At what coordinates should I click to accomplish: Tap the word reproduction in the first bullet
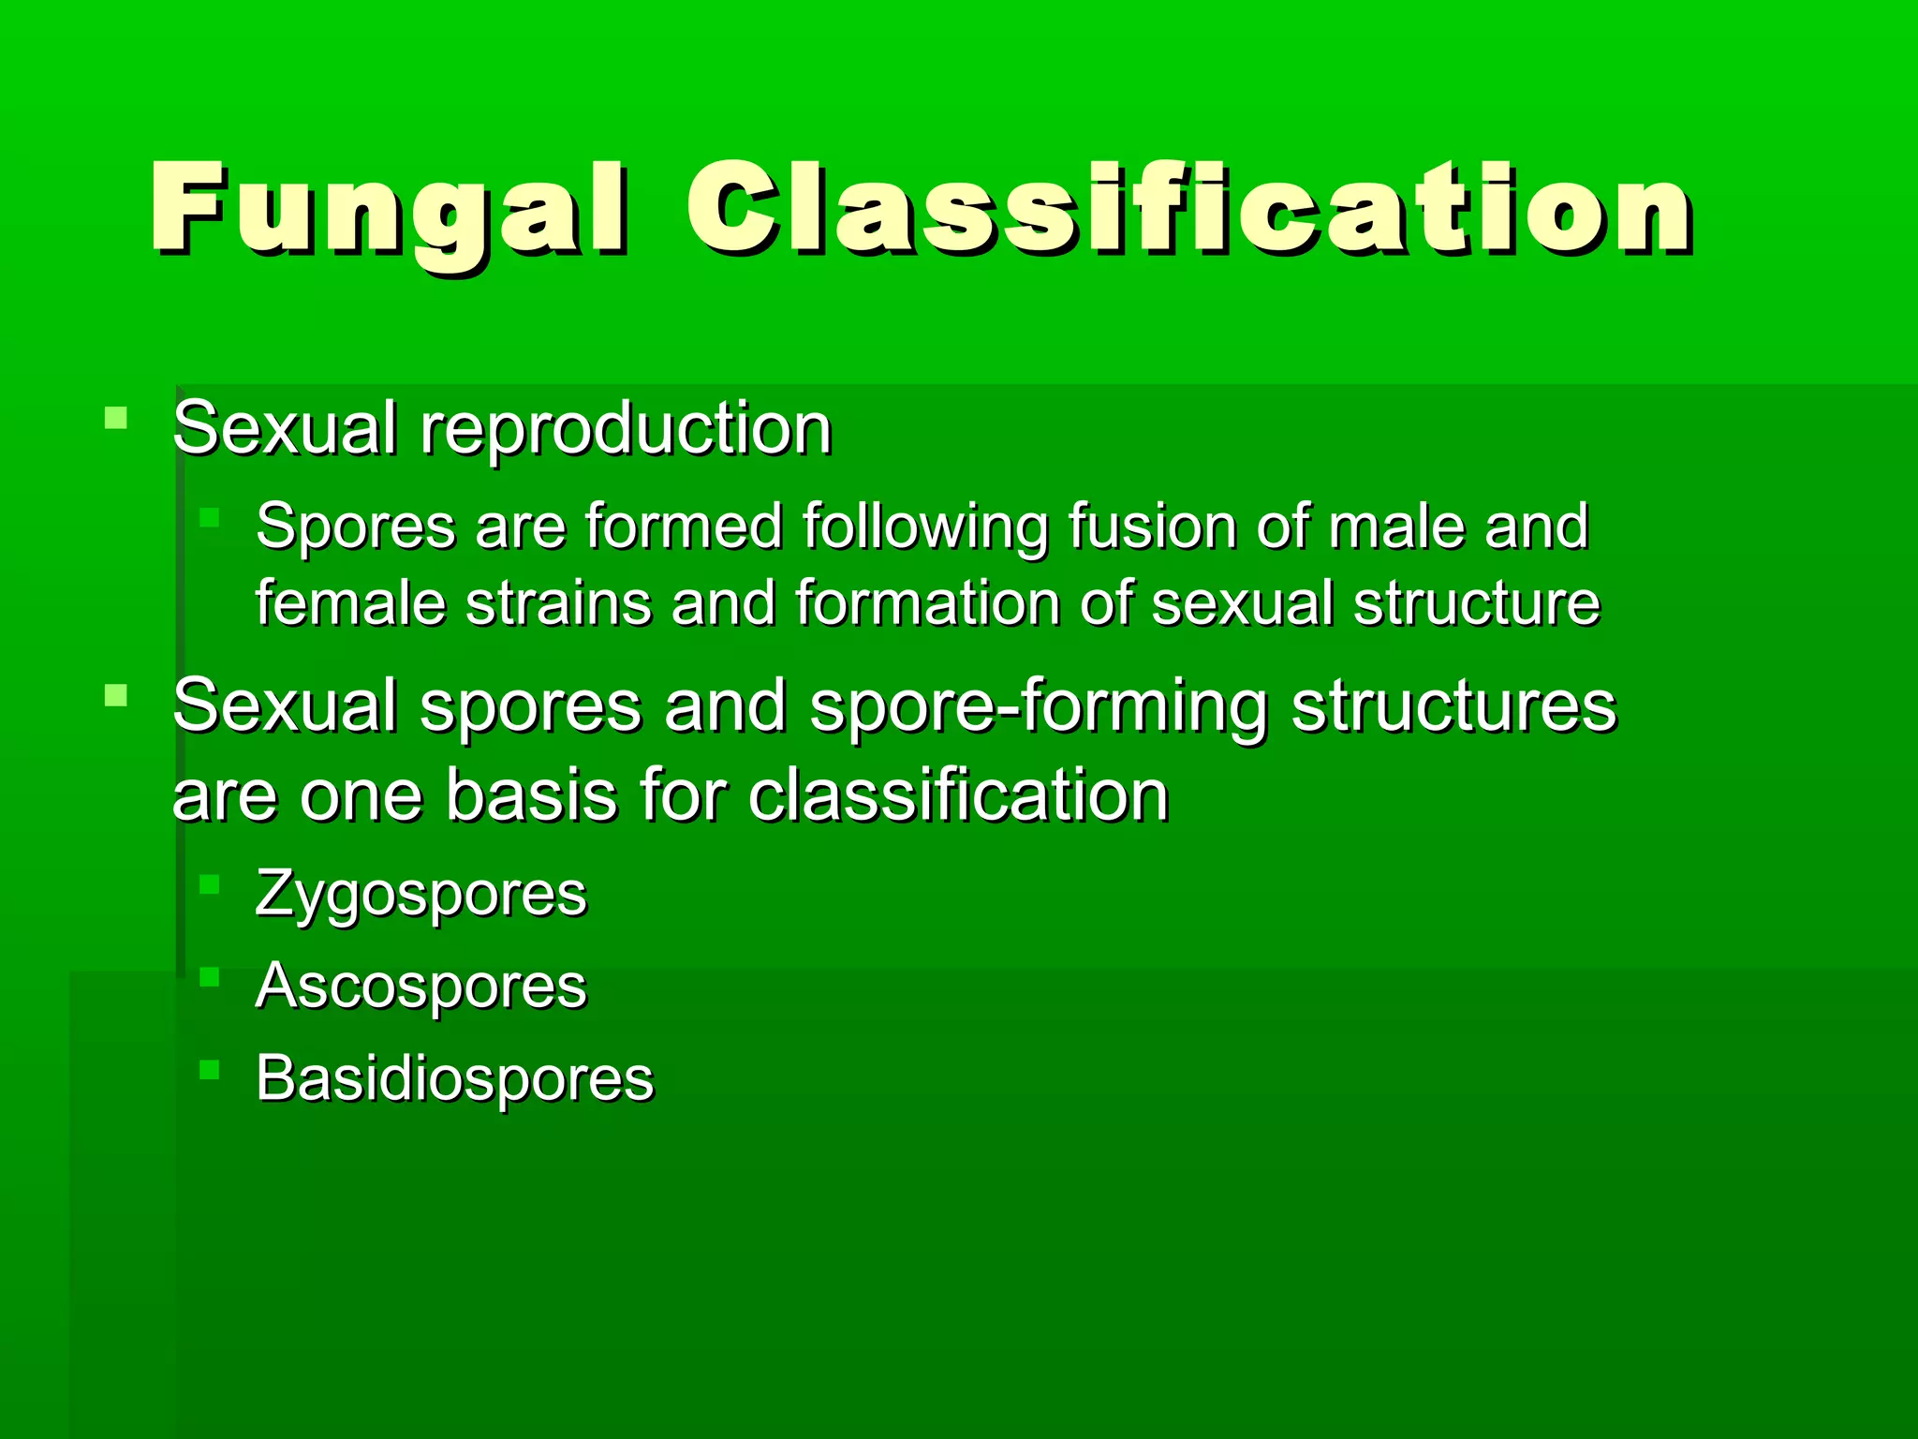point(625,429)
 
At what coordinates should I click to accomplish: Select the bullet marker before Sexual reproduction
point(116,417)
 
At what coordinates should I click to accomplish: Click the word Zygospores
point(420,895)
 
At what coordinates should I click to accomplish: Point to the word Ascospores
point(420,987)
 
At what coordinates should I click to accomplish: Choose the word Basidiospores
point(454,1078)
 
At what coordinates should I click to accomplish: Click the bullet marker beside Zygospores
point(209,883)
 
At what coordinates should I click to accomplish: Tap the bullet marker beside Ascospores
point(209,976)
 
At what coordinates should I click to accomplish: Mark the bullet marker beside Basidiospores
point(209,1069)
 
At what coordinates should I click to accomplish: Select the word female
point(350,602)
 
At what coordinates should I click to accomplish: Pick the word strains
point(558,602)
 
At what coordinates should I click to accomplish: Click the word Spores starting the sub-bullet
point(354,527)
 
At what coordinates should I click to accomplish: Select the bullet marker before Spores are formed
point(209,516)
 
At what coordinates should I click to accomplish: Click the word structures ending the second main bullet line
point(1453,705)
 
